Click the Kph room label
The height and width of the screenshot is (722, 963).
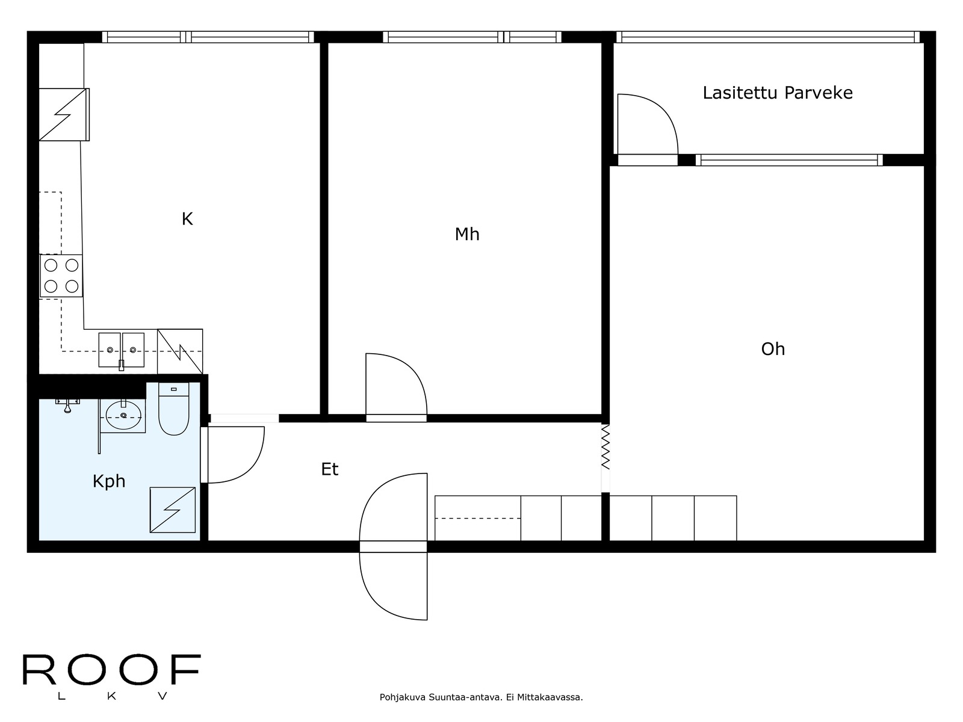click(109, 481)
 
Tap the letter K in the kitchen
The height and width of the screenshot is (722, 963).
click(187, 220)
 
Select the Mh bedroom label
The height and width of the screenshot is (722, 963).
click(467, 234)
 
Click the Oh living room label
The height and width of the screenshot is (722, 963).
click(773, 350)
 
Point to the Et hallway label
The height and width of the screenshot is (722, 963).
click(330, 469)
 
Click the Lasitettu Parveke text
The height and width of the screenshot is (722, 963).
click(778, 93)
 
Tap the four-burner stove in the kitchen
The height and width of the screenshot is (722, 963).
click(61, 276)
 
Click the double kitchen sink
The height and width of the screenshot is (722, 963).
click(122, 350)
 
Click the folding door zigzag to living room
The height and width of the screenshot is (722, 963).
click(605, 448)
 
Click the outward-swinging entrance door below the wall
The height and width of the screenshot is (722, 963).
click(394, 586)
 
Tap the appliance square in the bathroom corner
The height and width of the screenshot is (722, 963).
click(173, 510)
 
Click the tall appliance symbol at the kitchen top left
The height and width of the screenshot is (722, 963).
click(64, 114)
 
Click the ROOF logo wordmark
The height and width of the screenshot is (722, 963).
click(111, 670)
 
